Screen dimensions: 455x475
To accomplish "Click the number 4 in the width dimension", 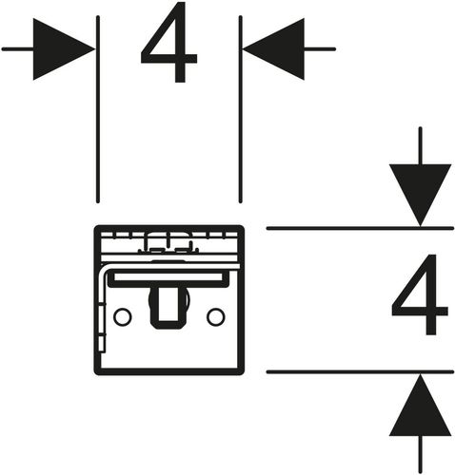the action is click(x=168, y=43).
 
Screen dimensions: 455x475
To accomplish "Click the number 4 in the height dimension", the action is click(x=420, y=294).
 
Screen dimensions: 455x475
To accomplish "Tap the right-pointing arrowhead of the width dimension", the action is click(x=64, y=49).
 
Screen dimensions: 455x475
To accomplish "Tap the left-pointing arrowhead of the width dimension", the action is click(x=273, y=49).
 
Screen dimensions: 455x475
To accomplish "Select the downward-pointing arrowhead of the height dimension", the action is click(x=420, y=195).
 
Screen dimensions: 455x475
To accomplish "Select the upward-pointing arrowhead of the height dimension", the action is click(x=420, y=405).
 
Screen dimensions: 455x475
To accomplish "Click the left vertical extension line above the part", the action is click(x=98, y=109).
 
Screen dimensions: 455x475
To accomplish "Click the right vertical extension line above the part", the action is click(x=240, y=109).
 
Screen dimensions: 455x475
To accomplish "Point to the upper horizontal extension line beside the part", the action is click(x=360, y=228).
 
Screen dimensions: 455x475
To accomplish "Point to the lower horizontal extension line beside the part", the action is click(x=360, y=371).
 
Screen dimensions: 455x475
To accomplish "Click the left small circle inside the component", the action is click(x=123, y=316).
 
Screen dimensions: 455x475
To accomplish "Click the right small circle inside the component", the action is click(x=216, y=316).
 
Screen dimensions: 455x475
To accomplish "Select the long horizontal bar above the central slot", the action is click(x=168, y=277).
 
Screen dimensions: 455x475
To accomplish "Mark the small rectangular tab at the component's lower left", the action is click(x=102, y=344).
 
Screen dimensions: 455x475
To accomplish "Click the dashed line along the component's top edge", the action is click(x=168, y=235).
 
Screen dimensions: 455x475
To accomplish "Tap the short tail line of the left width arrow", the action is click(x=18, y=49).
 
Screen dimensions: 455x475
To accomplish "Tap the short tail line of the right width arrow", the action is click(x=320, y=49).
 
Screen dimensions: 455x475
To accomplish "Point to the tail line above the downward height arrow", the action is click(x=420, y=146).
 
